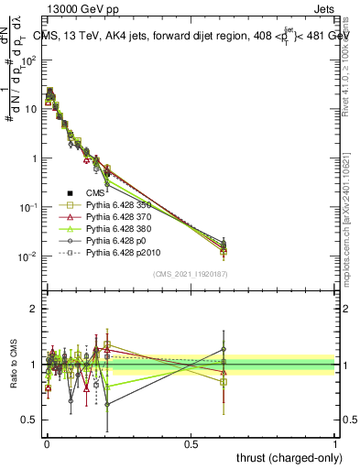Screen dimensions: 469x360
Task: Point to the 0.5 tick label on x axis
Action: pos(191,444)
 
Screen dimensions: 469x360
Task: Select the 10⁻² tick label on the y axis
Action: pos(28,256)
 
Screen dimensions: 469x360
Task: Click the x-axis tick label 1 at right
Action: pos(335,444)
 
